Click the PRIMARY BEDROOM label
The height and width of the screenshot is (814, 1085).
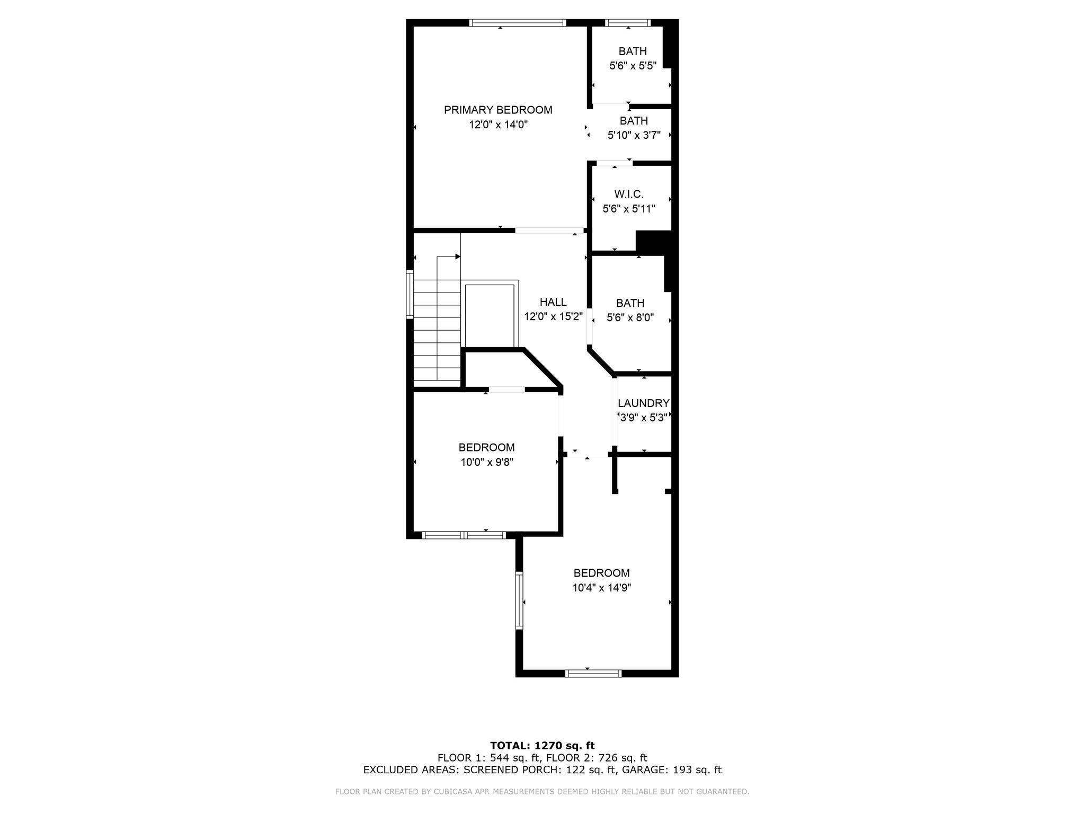pyautogui.click(x=498, y=110)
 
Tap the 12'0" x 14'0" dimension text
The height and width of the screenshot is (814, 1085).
pyautogui.click(x=498, y=125)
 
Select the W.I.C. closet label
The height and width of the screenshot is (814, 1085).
pyautogui.click(x=629, y=194)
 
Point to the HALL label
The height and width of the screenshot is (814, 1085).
pyautogui.click(x=553, y=302)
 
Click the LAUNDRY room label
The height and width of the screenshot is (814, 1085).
pyautogui.click(x=644, y=403)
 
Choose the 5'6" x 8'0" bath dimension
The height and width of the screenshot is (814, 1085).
pyautogui.click(x=630, y=318)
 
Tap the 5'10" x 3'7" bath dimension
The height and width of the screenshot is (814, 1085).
pyautogui.click(x=634, y=135)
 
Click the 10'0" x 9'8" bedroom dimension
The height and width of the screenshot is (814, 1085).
pyautogui.click(x=487, y=462)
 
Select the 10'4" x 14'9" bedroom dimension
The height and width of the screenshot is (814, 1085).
pyautogui.click(x=602, y=588)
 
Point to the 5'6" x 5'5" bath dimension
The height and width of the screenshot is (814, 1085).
pyautogui.click(x=633, y=66)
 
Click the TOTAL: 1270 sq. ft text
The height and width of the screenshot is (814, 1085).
pyautogui.click(x=542, y=746)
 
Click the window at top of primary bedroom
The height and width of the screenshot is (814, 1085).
pyautogui.click(x=518, y=23)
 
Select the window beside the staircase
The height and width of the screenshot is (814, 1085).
pyautogui.click(x=410, y=295)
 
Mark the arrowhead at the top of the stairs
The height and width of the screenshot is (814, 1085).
pyautogui.click(x=458, y=257)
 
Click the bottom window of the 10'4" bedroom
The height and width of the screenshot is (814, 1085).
pyautogui.click(x=593, y=674)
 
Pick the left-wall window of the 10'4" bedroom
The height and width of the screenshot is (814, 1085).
pyautogui.click(x=519, y=600)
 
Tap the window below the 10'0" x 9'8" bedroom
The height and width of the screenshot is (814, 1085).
pyautogui.click(x=464, y=535)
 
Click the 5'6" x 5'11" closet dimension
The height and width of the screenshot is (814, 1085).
pyautogui.click(x=629, y=209)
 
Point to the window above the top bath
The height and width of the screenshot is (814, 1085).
pyautogui.click(x=628, y=23)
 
